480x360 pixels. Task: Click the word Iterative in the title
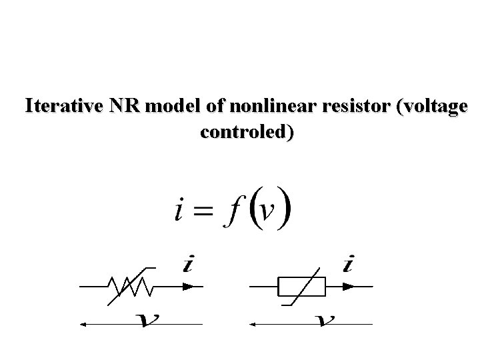(x=60, y=107)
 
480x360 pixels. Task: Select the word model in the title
(x=165, y=107)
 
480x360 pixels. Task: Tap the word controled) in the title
(x=245, y=132)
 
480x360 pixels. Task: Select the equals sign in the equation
(x=205, y=211)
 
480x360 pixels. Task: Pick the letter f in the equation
(x=231, y=209)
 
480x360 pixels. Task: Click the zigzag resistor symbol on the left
(x=134, y=287)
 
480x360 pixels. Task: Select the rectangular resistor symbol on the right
(x=301, y=287)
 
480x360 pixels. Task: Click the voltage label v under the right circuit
(x=325, y=321)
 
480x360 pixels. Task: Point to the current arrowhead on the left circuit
(x=191, y=287)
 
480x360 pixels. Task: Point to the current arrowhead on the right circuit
(x=349, y=287)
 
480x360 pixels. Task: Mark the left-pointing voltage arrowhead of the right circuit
(x=253, y=325)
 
